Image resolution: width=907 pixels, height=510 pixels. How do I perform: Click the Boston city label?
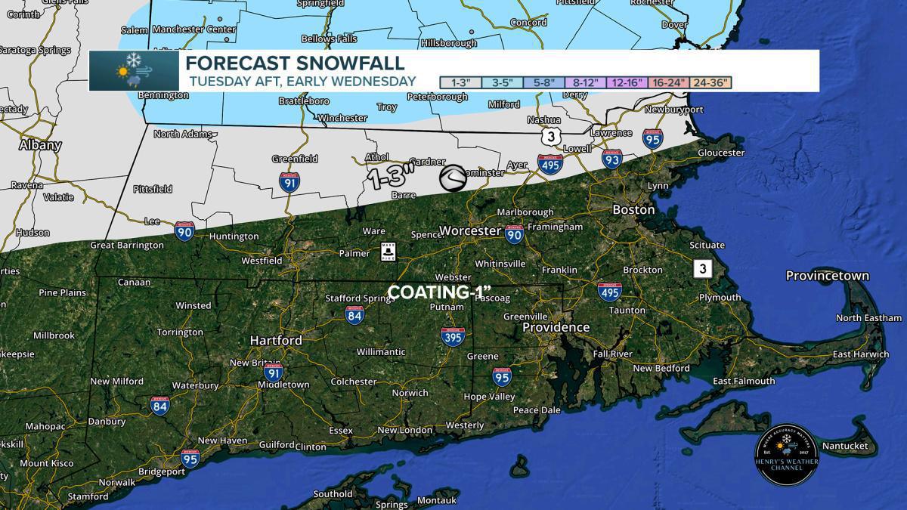click(633, 209)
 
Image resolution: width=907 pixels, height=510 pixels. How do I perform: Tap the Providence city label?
click(556, 327)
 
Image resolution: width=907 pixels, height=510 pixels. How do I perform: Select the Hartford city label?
click(276, 341)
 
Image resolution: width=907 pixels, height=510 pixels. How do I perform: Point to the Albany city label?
click(40, 145)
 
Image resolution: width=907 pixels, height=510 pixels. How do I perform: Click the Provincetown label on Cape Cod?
click(827, 276)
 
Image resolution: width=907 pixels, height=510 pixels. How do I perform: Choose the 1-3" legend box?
click(460, 82)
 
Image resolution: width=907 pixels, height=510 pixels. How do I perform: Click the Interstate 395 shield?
click(453, 337)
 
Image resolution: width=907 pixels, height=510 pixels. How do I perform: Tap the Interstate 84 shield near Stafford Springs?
click(354, 315)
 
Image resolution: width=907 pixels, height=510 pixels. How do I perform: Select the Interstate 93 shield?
click(612, 158)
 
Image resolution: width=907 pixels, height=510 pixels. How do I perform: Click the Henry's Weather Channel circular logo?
click(787, 454)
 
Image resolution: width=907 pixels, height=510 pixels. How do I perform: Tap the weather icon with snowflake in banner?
click(134, 71)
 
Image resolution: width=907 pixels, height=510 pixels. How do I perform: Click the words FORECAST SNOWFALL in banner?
click(295, 63)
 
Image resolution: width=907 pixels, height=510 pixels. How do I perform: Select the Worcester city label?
click(469, 230)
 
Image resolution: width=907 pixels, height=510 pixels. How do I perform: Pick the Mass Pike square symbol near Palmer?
click(388, 251)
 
